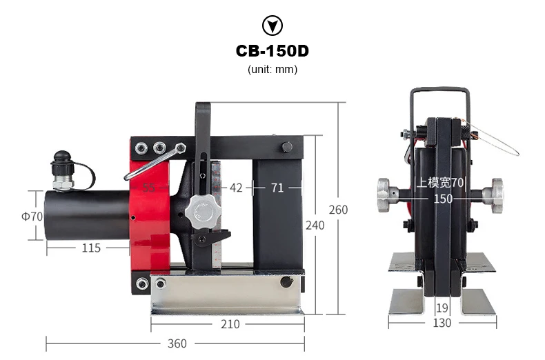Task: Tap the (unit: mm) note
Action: coord(272,70)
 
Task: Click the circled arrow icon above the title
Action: coord(272,26)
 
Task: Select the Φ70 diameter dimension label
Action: coord(32,216)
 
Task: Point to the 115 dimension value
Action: coord(90,248)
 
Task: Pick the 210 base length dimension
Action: coord(230,324)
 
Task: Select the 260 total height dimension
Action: coord(338,210)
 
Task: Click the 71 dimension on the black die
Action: coord(277,187)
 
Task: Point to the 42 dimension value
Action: coord(236,187)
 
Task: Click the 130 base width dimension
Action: coord(442,323)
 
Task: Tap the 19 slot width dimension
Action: coord(442,308)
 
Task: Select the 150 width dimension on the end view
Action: coord(443,199)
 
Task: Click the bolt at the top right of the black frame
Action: coord(287,146)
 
